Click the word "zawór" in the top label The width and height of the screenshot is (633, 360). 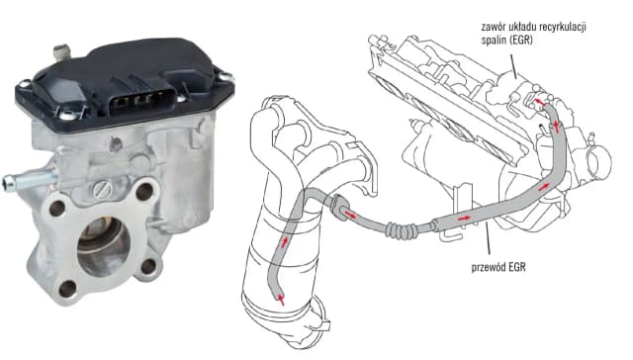pos(492,28)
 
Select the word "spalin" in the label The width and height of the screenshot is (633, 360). pos(493,41)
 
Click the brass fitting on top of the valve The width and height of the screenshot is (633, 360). pos(61,52)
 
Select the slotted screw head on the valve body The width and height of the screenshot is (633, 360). pos(103,189)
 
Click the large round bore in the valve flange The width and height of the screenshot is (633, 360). pos(104,245)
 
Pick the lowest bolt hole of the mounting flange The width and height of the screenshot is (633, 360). pos(67,289)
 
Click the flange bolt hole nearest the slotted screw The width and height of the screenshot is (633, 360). pos(144,191)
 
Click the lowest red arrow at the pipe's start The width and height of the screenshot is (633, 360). pos(281,299)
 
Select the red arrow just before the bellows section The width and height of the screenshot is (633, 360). pos(351,215)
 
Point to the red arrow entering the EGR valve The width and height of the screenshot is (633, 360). pos(539,101)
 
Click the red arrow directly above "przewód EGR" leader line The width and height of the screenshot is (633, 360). pos(464,218)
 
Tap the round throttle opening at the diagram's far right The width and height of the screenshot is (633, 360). pos(598,162)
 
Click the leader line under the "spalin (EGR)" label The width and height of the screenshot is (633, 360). pos(513,65)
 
